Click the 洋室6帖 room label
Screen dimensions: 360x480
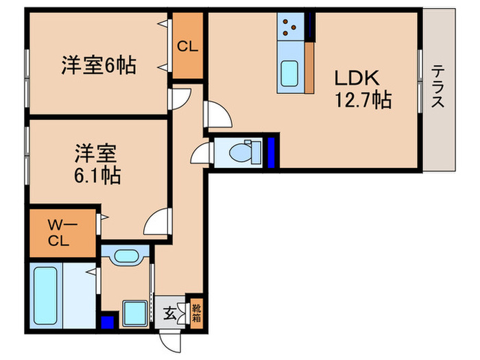click(98, 66)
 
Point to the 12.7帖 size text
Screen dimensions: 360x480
click(362, 101)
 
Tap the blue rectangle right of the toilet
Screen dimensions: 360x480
click(272, 152)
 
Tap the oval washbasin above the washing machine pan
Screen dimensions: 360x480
click(127, 257)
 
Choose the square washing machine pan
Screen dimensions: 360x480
click(134, 314)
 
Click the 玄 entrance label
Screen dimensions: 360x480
click(168, 315)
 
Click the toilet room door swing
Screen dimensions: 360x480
click(202, 152)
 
